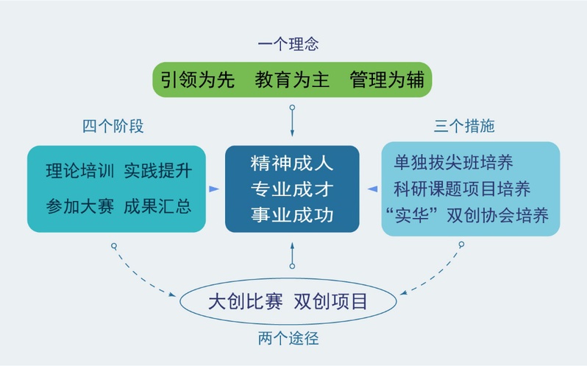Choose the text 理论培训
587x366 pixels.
(x=79, y=172)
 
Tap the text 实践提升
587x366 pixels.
(x=157, y=172)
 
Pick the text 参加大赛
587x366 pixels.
(x=79, y=205)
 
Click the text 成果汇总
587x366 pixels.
(x=157, y=205)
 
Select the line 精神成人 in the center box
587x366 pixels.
(x=292, y=163)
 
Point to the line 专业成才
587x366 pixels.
(x=292, y=189)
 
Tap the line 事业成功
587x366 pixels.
(x=292, y=214)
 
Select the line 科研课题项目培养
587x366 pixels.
(x=462, y=189)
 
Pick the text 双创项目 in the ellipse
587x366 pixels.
(x=330, y=302)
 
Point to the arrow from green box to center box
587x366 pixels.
(x=292, y=122)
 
